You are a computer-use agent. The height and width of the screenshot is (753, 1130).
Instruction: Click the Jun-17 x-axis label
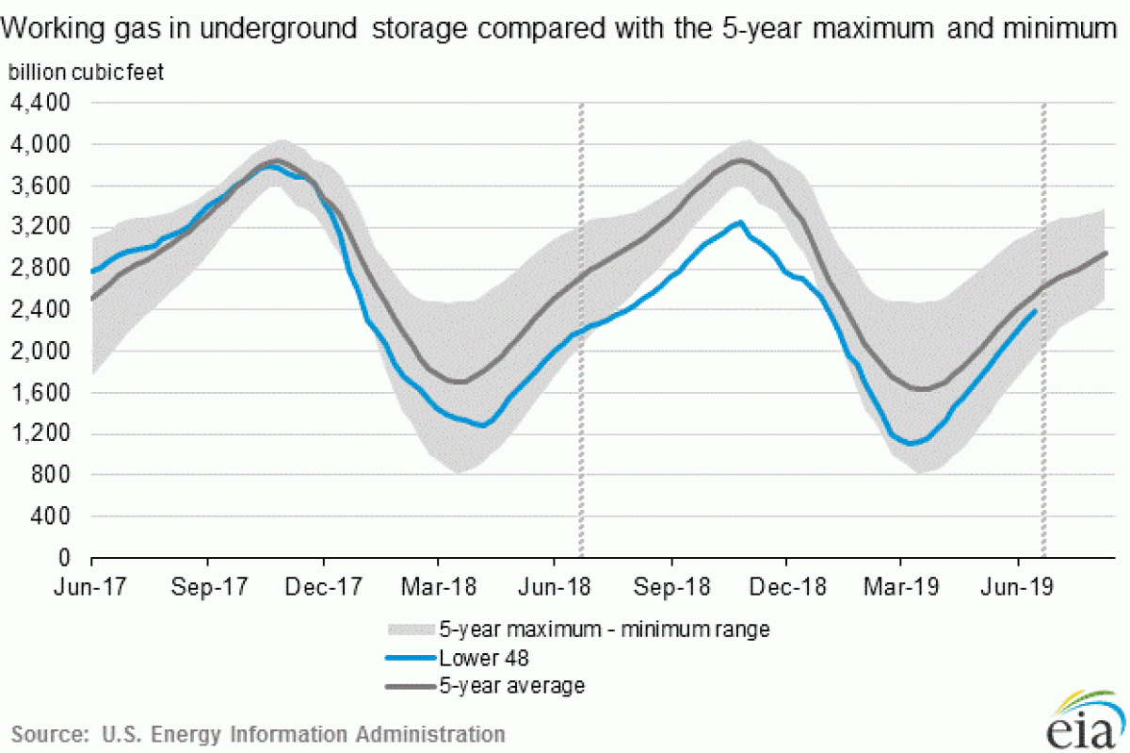pos(91,586)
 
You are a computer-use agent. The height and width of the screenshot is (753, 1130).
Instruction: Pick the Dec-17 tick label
pos(323,586)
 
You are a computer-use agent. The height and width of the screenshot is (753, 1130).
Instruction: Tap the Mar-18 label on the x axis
pos(439,586)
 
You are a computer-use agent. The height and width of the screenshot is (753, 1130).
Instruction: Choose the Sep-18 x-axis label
pos(670,586)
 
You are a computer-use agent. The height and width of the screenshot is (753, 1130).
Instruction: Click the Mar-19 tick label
pos(901,586)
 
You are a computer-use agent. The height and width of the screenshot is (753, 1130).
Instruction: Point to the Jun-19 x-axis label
pos(1018,586)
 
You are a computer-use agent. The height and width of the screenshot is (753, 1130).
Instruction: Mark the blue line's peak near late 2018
pos(740,222)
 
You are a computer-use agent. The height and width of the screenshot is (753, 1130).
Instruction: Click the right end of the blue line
pos(1036,310)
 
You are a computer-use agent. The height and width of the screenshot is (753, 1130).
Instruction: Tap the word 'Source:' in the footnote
pos(45,733)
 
